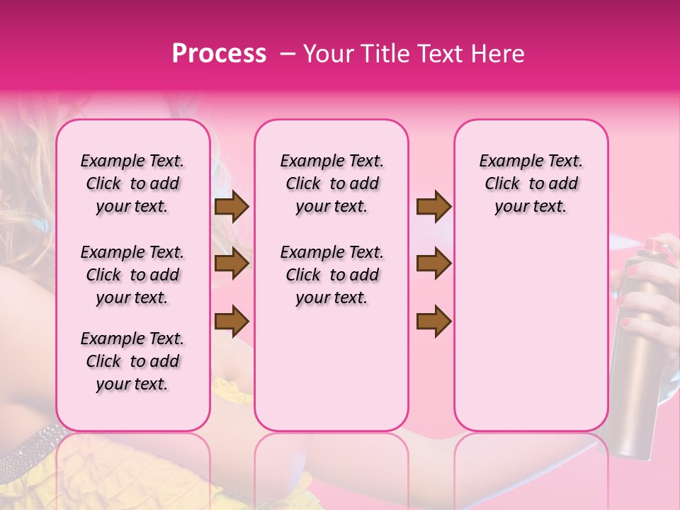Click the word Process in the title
click(x=219, y=54)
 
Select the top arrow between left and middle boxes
click(x=232, y=206)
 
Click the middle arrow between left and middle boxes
click(x=232, y=264)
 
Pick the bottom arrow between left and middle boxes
click(x=232, y=320)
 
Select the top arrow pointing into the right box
click(x=433, y=206)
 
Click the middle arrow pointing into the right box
click(x=433, y=264)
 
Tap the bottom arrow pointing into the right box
click(x=433, y=320)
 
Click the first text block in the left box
click(x=132, y=183)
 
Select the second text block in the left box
click(x=132, y=275)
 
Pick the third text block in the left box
click(x=132, y=361)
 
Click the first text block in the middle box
click(x=331, y=183)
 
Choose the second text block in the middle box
click(x=331, y=275)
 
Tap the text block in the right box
click(x=531, y=183)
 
